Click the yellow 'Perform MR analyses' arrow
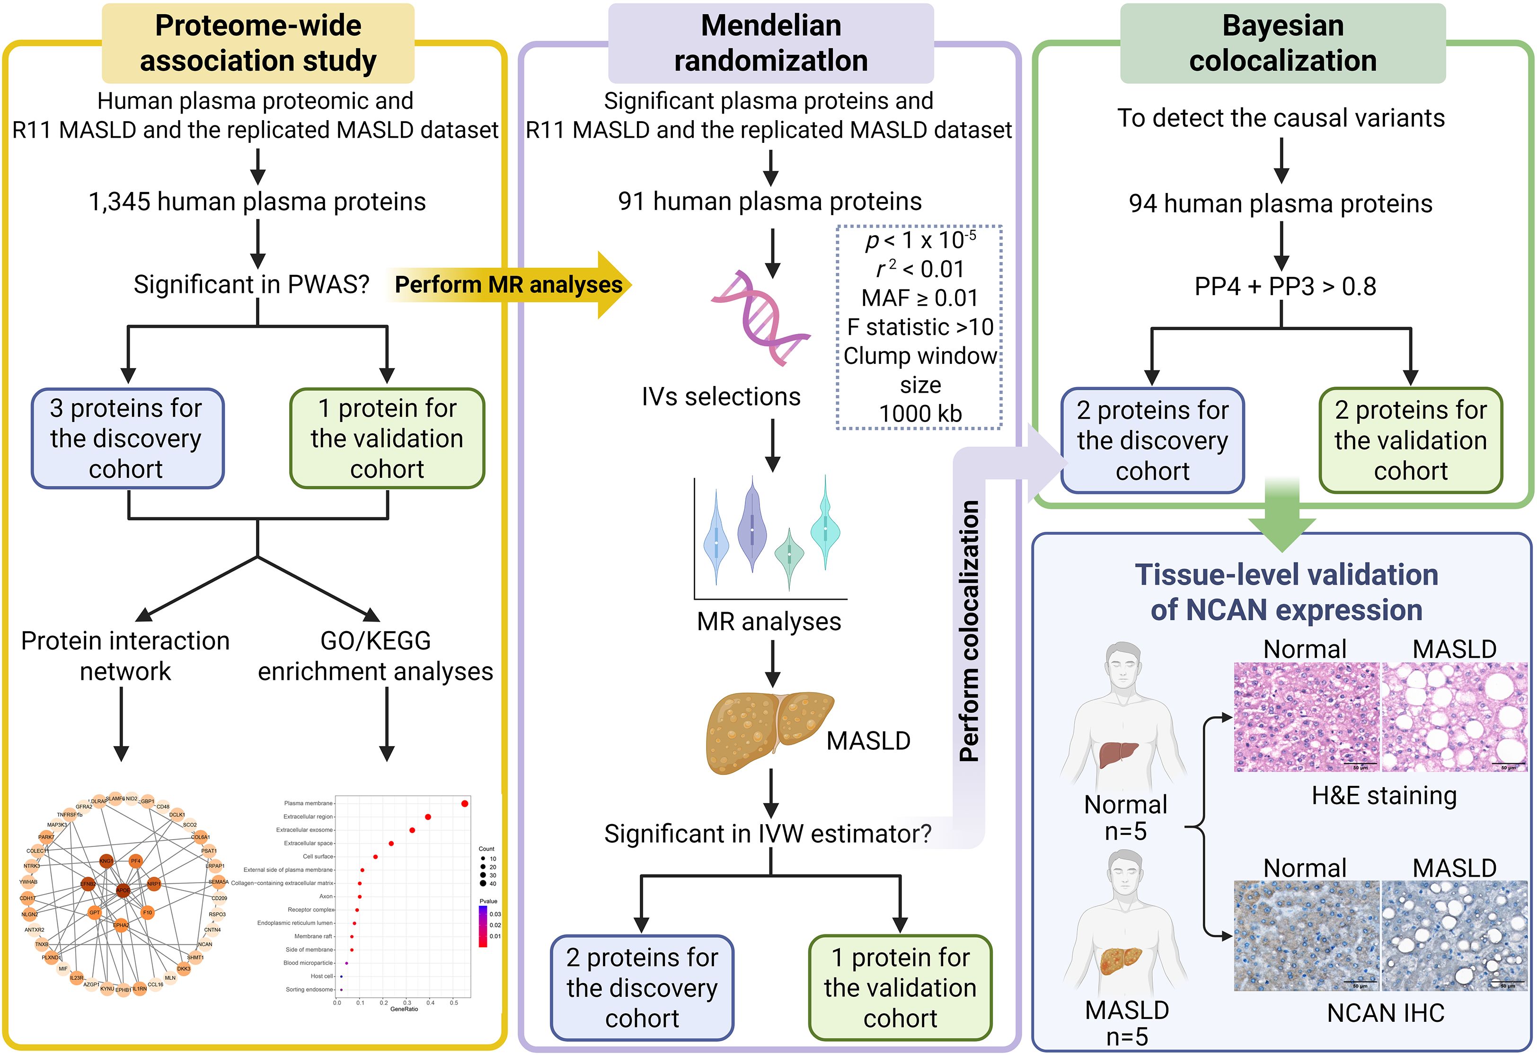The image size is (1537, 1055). point(509,285)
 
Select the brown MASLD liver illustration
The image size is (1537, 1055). point(767,731)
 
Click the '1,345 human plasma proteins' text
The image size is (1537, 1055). point(257,202)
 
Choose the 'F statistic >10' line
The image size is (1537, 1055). point(920,326)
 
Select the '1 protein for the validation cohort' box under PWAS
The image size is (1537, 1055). point(387,438)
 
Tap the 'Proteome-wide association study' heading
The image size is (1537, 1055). point(258,43)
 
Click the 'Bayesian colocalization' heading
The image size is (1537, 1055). point(1282,43)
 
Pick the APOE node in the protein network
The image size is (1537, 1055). point(123,890)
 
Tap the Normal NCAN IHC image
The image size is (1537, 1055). point(1306,935)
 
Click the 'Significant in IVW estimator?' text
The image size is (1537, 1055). point(767,834)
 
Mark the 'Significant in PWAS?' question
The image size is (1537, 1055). point(251,285)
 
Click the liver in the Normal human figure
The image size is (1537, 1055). point(1118,754)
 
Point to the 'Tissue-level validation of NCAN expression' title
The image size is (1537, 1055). point(1286,592)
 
